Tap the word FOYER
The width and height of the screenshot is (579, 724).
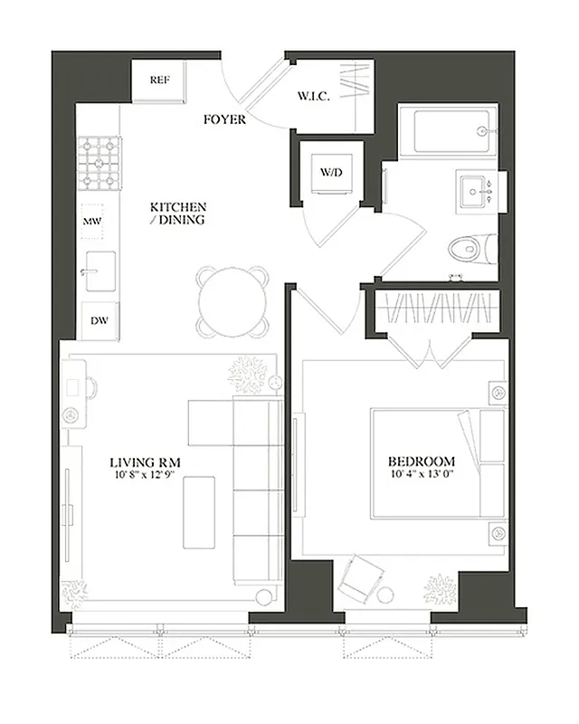223,119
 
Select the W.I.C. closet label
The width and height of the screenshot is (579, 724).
314,96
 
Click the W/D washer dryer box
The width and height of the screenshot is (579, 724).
329,171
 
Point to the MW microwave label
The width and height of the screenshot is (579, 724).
91,221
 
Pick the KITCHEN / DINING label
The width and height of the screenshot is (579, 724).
178,214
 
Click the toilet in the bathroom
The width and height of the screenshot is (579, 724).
474,246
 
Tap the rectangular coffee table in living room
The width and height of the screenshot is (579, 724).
199,511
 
